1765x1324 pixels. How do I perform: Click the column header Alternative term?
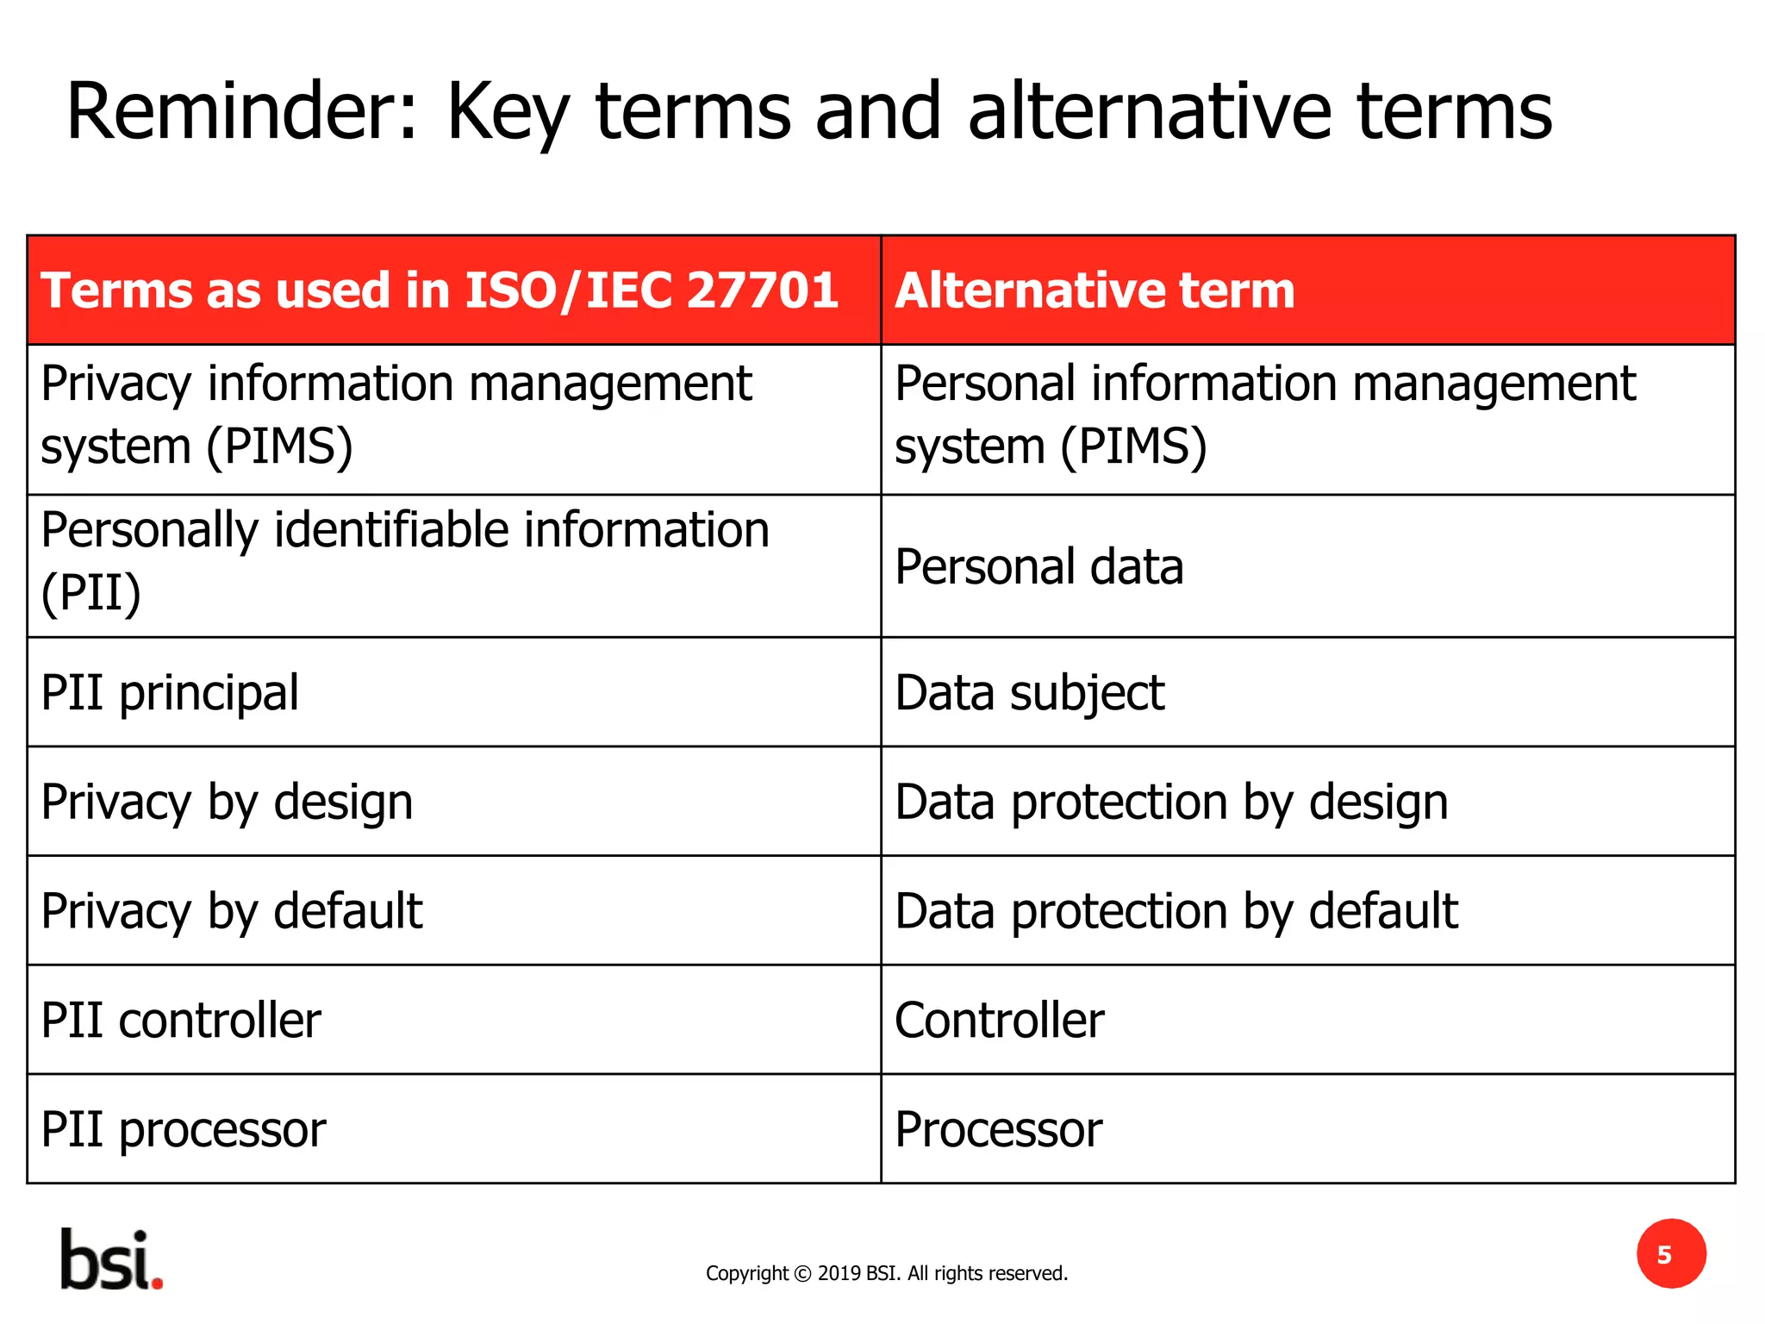click(x=1095, y=290)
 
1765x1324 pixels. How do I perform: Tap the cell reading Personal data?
click(x=1038, y=567)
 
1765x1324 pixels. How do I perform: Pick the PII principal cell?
click(x=170, y=693)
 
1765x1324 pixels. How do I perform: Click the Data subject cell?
click(x=1029, y=693)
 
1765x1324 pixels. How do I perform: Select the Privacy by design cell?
click(x=227, y=803)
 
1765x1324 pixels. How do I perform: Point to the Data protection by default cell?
click(x=1176, y=911)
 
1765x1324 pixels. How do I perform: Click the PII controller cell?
click(x=181, y=1021)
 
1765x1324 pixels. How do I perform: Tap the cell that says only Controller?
click(x=999, y=1021)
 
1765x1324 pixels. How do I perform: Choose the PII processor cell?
click(x=184, y=1129)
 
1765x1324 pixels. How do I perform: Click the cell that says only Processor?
click(x=998, y=1129)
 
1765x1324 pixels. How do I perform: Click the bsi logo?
click(x=110, y=1260)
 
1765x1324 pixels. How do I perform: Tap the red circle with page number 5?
click(x=1670, y=1254)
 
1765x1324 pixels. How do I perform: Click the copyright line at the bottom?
click(x=886, y=1273)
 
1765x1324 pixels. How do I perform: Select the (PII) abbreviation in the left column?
click(x=91, y=593)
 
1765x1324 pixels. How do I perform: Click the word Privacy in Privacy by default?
click(x=115, y=912)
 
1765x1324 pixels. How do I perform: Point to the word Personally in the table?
click(x=149, y=530)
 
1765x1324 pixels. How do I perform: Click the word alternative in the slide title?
click(x=1151, y=112)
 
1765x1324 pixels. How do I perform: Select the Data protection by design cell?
click(x=1171, y=803)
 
